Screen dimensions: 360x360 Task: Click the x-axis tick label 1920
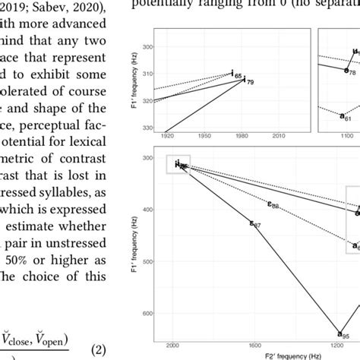coord(168,134)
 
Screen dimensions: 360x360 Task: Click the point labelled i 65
coord(232,73)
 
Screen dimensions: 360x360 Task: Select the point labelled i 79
coord(245,78)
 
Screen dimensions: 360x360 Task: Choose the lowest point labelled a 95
coord(339,332)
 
